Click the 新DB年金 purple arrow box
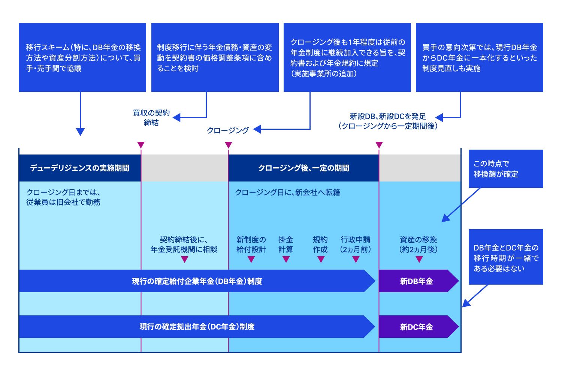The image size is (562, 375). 417,281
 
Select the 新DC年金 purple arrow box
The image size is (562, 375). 417,327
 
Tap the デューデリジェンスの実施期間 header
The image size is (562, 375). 80,168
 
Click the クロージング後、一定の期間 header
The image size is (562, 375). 303,168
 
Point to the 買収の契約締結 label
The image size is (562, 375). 151,118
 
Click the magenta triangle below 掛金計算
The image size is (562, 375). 286,259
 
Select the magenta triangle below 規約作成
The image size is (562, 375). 321,259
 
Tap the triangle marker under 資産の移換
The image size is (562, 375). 419,259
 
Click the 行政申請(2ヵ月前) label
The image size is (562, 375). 355,244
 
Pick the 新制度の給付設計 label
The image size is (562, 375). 251,244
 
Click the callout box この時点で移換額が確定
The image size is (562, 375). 506,169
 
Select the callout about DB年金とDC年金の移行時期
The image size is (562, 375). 506,257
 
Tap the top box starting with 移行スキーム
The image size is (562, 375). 82,57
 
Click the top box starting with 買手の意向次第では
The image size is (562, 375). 480,57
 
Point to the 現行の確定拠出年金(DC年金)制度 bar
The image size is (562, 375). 197,327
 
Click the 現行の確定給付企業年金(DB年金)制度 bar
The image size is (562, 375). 197,281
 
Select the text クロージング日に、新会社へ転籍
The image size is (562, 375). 287,192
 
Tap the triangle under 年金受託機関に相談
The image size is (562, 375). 184,259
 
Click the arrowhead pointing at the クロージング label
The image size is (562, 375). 257,130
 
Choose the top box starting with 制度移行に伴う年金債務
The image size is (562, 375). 215,57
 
